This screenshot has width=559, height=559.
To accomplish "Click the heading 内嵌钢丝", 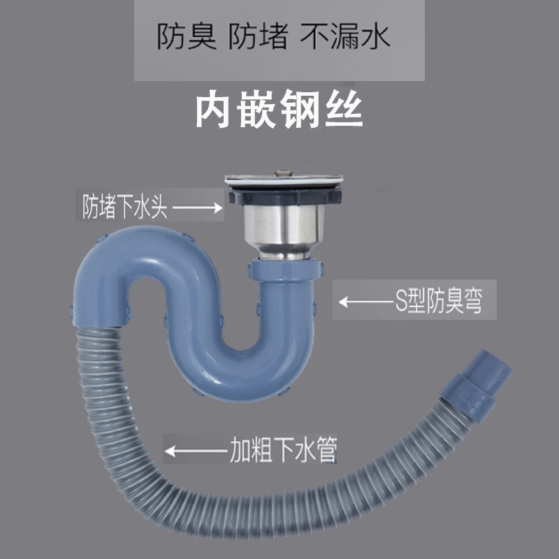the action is (279, 112).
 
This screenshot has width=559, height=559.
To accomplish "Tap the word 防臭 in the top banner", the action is (186, 37).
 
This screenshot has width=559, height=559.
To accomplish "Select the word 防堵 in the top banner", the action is (259, 37).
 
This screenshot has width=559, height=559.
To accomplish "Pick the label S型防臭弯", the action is (436, 301).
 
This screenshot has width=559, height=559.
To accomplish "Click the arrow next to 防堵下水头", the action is (199, 208).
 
